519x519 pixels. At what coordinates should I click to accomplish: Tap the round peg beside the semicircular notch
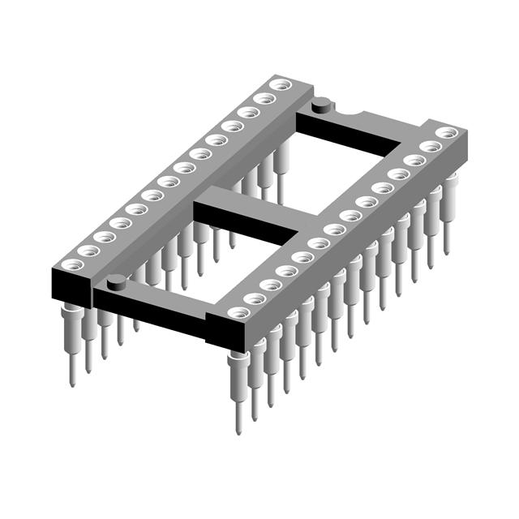pos(322,103)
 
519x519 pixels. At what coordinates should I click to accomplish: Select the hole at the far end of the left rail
pos(280,84)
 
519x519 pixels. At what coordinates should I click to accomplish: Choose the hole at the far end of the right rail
pos(445,131)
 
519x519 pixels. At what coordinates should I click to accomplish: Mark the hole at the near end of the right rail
pos(238,312)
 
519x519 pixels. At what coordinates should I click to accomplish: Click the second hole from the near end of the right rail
pos(255,298)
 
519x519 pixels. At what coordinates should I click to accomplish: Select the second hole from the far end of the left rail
pos(264,98)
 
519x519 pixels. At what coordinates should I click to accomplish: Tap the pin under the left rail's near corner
pos(72,341)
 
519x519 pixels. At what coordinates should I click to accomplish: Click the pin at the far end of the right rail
pos(448,203)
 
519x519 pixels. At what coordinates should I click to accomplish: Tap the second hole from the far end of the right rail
pos(430,146)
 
